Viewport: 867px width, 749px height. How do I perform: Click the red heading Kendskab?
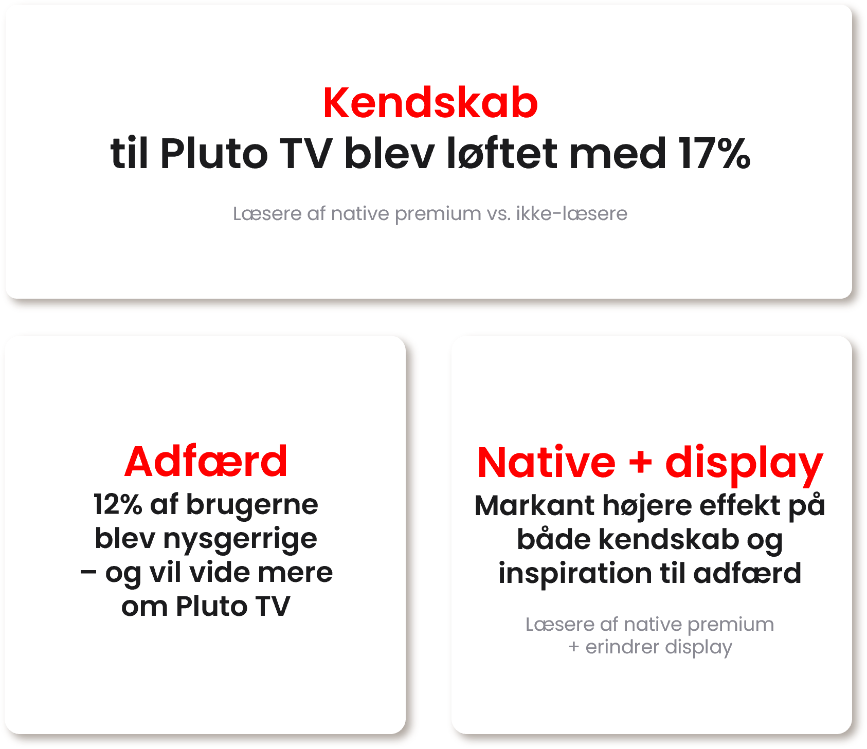click(x=430, y=103)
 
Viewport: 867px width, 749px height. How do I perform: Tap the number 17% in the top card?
click(x=714, y=153)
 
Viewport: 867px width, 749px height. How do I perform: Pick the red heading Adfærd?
click(x=206, y=462)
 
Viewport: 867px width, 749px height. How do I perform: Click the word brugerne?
click(x=252, y=505)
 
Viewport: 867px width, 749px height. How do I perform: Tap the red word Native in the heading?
click(x=546, y=463)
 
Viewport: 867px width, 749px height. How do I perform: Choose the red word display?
click(x=744, y=464)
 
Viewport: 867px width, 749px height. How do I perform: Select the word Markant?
click(x=535, y=505)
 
